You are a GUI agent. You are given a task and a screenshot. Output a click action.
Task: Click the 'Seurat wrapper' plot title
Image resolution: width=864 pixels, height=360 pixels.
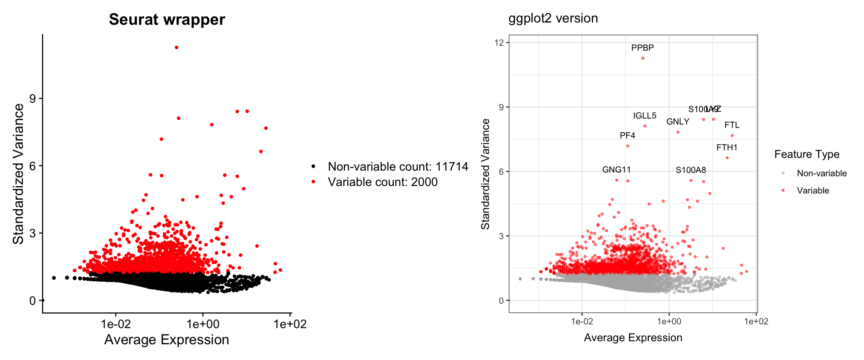(x=167, y=19)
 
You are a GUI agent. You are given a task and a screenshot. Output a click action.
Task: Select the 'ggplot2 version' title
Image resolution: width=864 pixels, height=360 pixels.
(x=553, y=18)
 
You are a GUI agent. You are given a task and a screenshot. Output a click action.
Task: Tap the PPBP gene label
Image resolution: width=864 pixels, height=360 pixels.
(x=642, y=48)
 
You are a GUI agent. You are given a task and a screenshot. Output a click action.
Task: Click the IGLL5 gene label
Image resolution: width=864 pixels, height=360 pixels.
(x=645, y=115)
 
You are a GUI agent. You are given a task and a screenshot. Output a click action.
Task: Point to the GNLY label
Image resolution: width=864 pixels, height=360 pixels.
(x=678, y=121)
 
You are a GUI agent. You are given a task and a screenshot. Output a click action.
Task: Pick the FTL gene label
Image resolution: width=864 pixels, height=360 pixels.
(x=732, y=125)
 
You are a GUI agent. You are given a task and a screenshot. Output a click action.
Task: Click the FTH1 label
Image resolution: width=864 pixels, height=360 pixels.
(x=727, y=147)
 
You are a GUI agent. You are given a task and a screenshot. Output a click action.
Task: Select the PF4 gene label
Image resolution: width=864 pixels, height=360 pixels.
(x=627, y=135)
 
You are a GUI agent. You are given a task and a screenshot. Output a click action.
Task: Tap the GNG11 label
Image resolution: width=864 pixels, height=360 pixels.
(x=616, y=169)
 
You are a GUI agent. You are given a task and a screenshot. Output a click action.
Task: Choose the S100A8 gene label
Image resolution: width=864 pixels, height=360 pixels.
(x=691, y=170)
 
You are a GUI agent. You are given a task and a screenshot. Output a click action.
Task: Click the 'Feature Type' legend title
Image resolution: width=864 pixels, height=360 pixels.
(x=807, y=154)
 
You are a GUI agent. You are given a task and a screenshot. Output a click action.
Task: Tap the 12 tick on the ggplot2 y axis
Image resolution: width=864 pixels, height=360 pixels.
(x=499, y=42)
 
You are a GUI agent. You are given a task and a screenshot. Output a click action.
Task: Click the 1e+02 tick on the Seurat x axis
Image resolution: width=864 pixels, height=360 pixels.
(x=290, y=324)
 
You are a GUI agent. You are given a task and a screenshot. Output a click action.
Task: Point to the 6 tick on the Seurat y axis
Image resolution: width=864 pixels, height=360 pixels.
(x=33, y=166)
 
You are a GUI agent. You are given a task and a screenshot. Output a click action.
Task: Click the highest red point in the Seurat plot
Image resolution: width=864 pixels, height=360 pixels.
(x=177, y=48)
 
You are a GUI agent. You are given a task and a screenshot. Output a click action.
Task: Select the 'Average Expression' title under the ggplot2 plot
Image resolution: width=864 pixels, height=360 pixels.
(x=633, y=337)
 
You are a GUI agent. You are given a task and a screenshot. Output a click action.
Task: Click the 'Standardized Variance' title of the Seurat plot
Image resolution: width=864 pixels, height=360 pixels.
(x=18, y=174)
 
